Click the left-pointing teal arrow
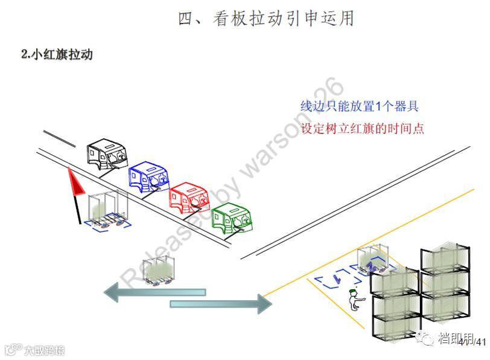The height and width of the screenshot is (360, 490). coord(154,292)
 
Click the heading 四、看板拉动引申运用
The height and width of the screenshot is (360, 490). coord(266,19)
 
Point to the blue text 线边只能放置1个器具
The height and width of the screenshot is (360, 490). coord(360,106)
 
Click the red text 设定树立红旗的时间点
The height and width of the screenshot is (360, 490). coord(362,129)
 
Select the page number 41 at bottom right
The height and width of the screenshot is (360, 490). coord(480,342)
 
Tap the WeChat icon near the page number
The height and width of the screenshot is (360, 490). coord(427,341)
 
